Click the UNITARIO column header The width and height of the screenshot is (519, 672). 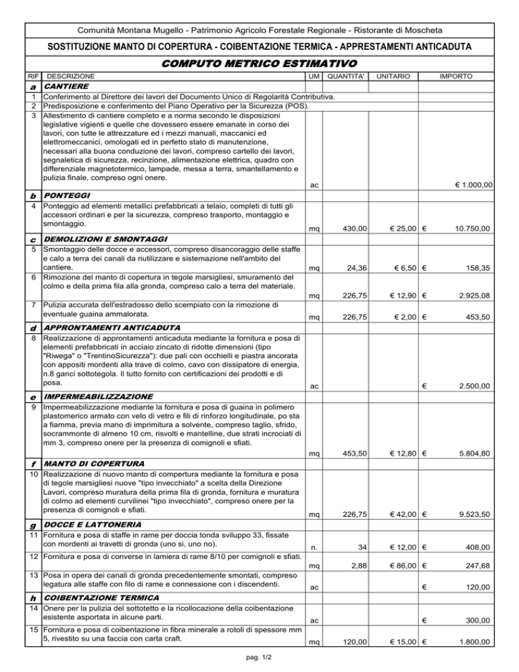(394, 77)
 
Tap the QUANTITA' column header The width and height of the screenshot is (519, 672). (346, 77)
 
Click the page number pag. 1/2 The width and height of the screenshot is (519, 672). (259, 658)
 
